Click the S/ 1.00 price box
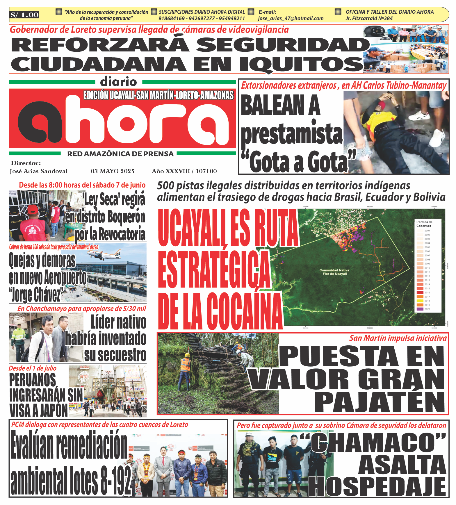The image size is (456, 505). [25, 15]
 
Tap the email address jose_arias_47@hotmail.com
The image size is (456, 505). [291, 18]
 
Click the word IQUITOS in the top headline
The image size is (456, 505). [302, 64]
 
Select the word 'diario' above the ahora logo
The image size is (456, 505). [118, 82]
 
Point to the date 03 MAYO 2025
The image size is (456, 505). [113, 171]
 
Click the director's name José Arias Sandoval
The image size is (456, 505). [39, 171]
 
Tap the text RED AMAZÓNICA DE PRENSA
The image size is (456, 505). [120, 154]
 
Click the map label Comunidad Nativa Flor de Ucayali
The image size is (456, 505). [334, 272]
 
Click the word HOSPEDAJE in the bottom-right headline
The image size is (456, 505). [377, 487]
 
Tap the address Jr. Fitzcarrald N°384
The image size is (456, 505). [369, 18]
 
